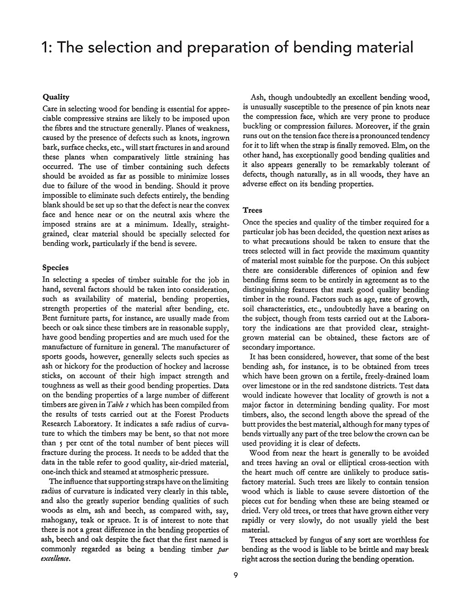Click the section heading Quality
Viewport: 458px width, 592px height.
coord(55,97)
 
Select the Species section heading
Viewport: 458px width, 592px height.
coord(55,267)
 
